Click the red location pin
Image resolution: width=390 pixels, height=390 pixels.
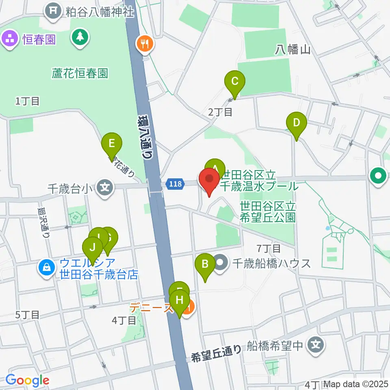[x=209, y=181]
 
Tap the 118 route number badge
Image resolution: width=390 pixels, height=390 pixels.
[x=174, y=184]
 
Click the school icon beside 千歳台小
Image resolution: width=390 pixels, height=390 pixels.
[x=105, y=188]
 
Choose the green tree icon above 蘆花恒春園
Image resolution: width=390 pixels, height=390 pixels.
[x=80, y=37]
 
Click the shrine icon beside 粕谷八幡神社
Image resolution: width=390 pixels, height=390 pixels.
[x=53, y=11]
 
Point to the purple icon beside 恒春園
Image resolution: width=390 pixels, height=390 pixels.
[x=9, y=39]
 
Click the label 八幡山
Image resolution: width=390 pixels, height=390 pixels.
[x=292, y=50]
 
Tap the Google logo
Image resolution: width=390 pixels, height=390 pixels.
[x=27, y=380]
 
